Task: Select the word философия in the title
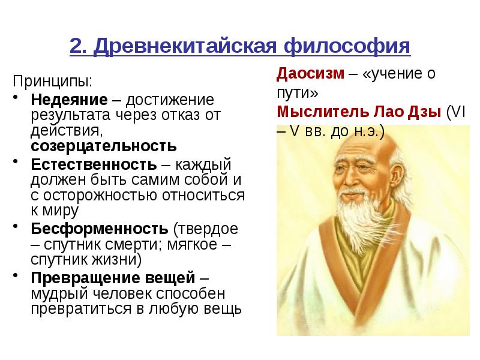point(347,47)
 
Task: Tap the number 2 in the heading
point(77,46)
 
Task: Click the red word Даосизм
point(310,74)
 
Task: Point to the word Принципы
point(52,82)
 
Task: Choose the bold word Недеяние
point(69,100)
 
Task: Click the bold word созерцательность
point(104,146)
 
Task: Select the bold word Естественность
point(94,164)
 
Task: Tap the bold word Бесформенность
point(100,229)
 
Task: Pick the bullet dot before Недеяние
point(16,97)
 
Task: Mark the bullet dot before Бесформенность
point(16,226)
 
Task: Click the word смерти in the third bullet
point(133,245)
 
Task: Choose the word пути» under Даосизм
point(297,94)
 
